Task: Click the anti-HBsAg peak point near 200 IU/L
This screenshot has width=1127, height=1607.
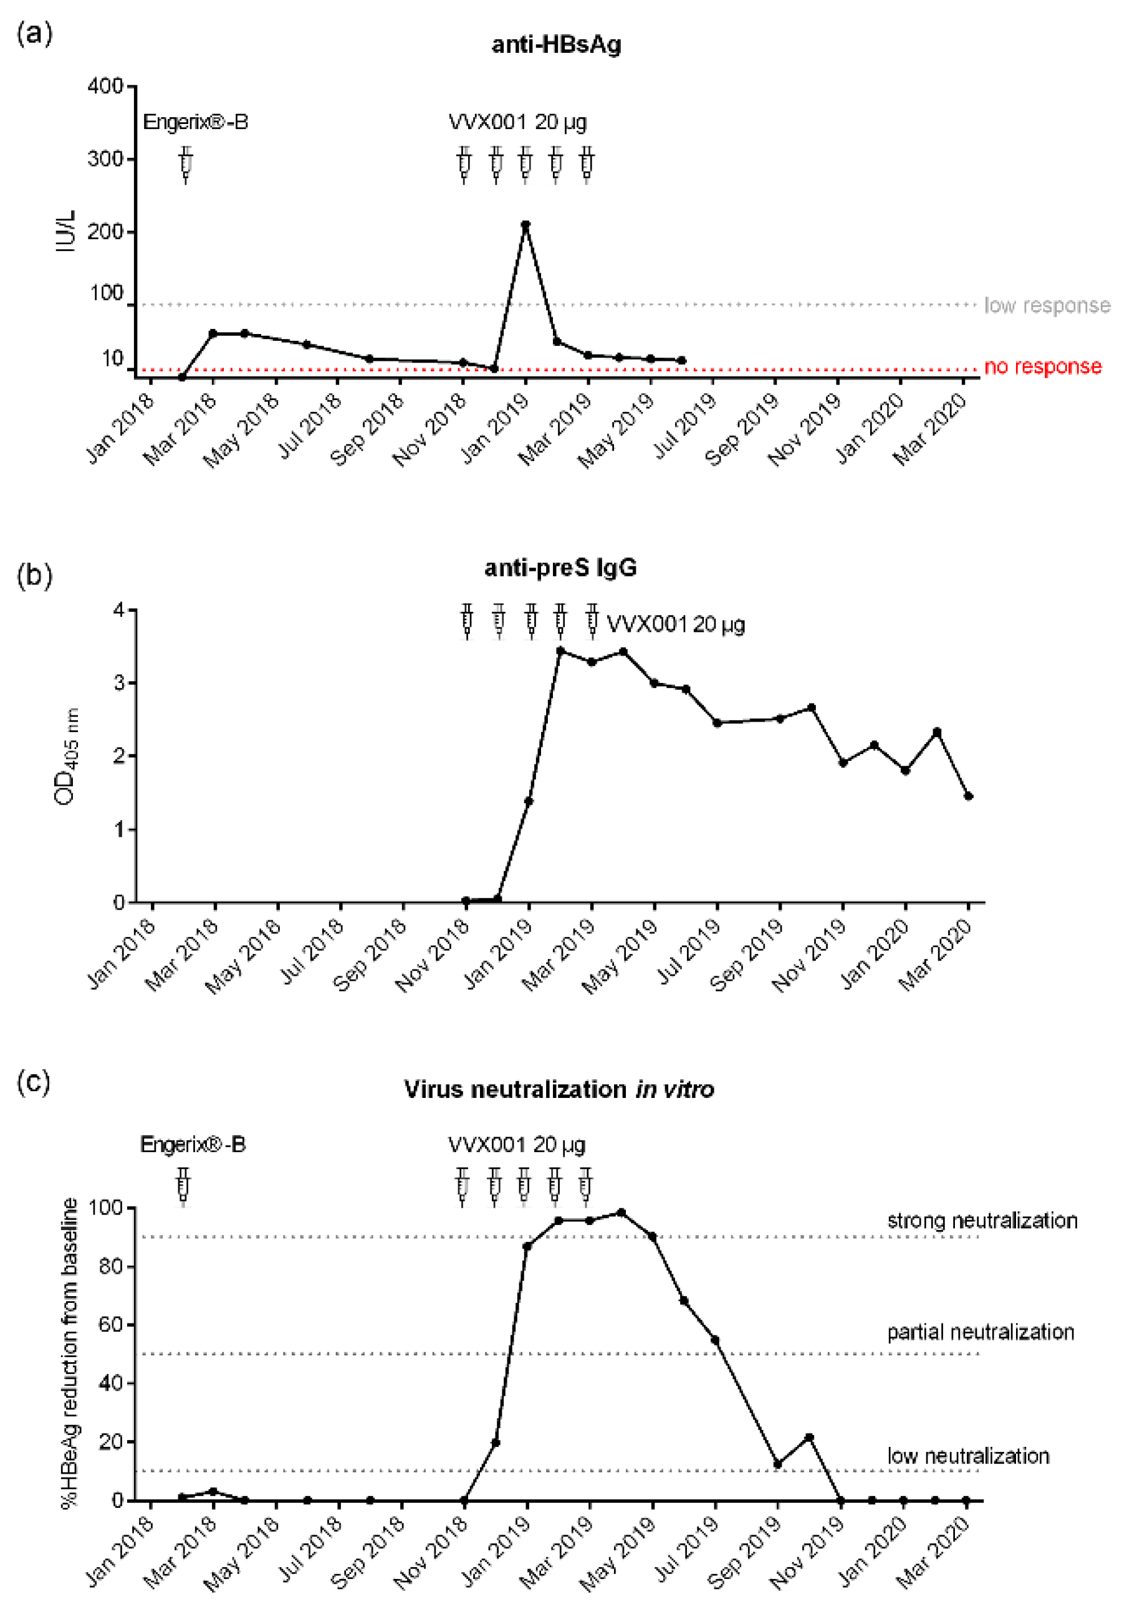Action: pos(525,225)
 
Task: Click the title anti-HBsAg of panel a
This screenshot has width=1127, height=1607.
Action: pos(556,45)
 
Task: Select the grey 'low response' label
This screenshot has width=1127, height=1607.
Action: pos(1047,305)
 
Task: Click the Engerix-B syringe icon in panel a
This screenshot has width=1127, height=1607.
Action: pos(186,165)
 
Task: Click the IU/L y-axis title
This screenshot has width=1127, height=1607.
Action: pos(67,231)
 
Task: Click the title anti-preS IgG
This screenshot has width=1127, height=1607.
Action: pos(560,567)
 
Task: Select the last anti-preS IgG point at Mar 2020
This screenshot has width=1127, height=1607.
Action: pos(968,796)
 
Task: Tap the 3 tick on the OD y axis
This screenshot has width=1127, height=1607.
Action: pos(118,682)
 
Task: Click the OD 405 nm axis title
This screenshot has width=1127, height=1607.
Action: pos(67,756)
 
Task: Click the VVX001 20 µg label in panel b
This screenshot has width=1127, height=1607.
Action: pos(675,624)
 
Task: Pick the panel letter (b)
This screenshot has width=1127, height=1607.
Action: pos(34,575)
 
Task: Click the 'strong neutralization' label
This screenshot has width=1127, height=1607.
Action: pos(981,1221)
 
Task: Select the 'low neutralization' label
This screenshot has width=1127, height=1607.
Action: pos(967,1456)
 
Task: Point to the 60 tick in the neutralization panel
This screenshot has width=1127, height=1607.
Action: pos(110,1324)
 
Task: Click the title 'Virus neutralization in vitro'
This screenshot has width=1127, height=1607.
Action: pos(559,1089)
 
